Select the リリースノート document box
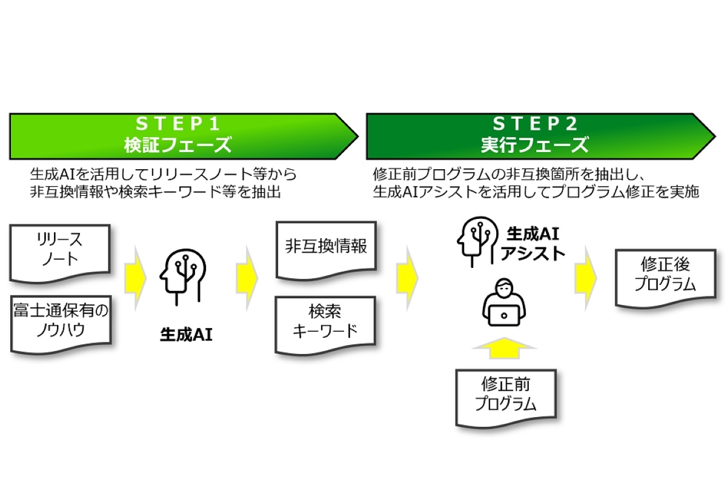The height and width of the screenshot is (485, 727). tap(59, 252)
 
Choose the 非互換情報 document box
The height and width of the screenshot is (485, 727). tap(326, 247)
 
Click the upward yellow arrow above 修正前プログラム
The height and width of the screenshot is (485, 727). tap(504, 351)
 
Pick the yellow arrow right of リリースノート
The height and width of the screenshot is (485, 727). tap(136, 276)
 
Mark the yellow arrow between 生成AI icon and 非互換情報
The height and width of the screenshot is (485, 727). tap(247, 276)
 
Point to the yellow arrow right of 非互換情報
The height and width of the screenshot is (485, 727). tap(407, 276)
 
